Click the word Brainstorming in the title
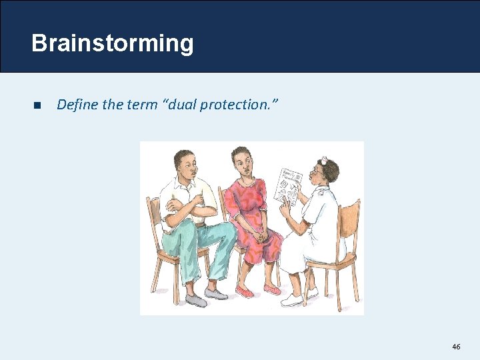[x=112, y=43]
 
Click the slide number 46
[x=456, y=347]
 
